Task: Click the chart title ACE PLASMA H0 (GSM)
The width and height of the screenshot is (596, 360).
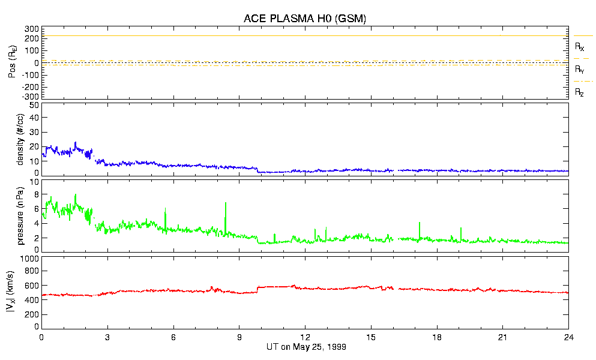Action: coord(304,19)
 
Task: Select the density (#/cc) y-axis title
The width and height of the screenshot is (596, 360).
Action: coord(21,139)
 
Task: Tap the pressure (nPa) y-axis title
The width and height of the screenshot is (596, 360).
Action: coord(21,216)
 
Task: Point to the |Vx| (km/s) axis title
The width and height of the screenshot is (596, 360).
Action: coord(21,292)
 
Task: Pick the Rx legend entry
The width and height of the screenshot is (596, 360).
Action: coord(579,46)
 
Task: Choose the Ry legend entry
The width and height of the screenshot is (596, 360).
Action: coord(579,69)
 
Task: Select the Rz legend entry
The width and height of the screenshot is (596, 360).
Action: coord(579,92)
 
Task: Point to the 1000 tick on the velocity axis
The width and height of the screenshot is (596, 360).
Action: coord(29,259)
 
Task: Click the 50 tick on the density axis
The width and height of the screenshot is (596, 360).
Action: coord(34,106)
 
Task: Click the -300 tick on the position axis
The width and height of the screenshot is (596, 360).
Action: coord(30,96)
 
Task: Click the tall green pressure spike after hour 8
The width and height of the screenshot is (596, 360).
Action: coord(226,204)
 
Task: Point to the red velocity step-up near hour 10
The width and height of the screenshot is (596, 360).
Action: coord(257,289)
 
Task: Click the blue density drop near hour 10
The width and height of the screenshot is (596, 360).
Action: coord(257,170)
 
